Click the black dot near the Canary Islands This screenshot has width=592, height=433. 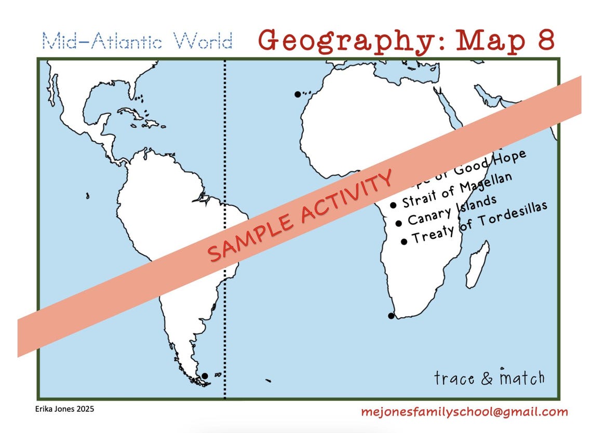298,94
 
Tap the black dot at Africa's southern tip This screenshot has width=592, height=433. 391,316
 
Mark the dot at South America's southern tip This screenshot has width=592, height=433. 205,376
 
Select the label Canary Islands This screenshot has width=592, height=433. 452,210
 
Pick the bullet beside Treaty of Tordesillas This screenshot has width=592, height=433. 404,241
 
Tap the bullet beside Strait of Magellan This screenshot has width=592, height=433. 393,205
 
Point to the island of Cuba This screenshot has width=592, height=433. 130,113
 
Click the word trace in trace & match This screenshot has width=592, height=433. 454,377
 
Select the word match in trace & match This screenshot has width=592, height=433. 522,377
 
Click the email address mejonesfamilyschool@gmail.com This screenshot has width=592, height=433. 464,412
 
